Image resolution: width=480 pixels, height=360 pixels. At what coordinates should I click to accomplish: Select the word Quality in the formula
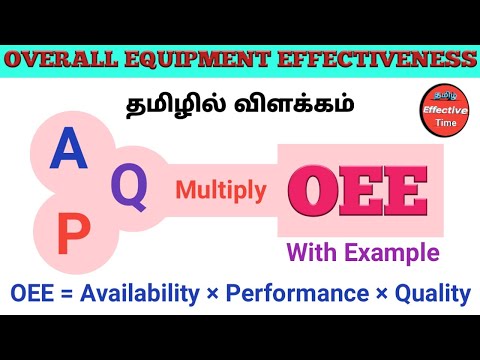[x=433, y=294]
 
